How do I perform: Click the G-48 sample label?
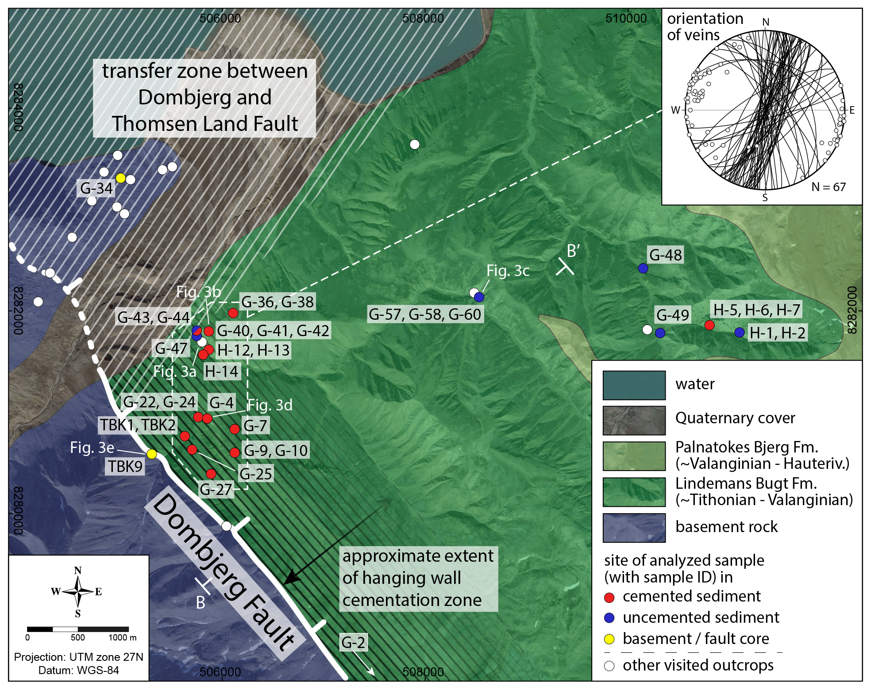(665, 255)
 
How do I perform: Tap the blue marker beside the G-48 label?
(643, 268)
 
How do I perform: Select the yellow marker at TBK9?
(151, 454)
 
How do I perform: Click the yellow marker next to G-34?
(120, 178)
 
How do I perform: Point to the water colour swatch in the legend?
(634, 385)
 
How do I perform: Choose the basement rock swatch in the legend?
(634, 527)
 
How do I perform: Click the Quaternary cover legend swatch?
(634, 420)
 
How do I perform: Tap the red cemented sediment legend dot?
(609, 598)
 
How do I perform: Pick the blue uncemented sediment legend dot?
(609, 618)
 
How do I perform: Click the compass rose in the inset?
(78, 592)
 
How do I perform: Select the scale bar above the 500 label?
(78, 629)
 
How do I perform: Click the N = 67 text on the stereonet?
(829, 187)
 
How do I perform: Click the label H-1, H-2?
(777, 333)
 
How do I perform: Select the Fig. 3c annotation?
(508, 271)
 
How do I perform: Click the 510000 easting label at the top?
(626, 18)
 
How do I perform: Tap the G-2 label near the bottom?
(353, 642)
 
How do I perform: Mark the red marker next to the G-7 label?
(235, 429)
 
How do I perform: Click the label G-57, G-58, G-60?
(424, 314)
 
